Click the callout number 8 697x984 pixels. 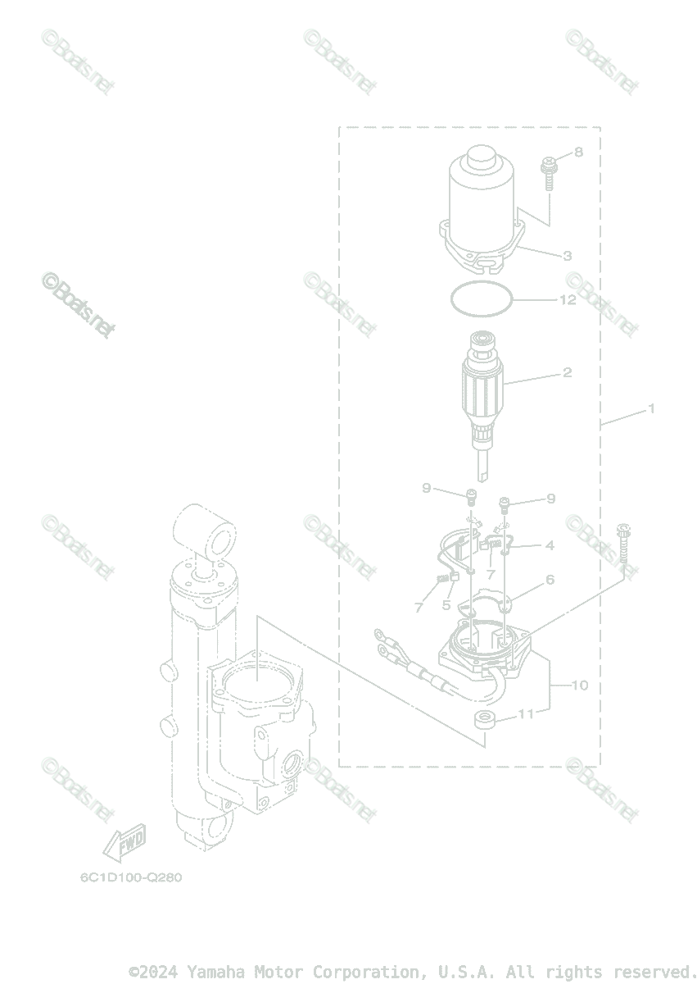click(x=578, y=152)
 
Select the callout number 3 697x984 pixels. click(x=567, y=256)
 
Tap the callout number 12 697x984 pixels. click(x=567, y=300)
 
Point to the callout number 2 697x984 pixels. click(x=567, y=372)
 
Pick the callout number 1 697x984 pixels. click(x=652, y=408)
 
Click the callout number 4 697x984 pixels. click(x=550, y=544)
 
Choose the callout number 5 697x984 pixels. click(x=446, y=605)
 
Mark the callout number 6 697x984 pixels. click(x=550, y=580)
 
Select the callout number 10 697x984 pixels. click(x=579, y=685)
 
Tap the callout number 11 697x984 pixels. click(x=525, y=713)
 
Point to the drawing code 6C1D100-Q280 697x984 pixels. click(x=131, y=877)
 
